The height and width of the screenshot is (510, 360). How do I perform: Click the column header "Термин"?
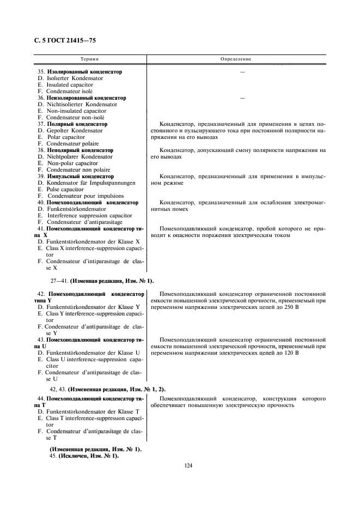coord(90,58)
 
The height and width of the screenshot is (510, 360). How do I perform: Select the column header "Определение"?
coord(235,58)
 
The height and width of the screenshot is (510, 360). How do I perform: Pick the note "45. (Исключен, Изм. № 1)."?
coord(84,456)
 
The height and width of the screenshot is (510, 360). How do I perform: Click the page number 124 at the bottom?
coord(188,465)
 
